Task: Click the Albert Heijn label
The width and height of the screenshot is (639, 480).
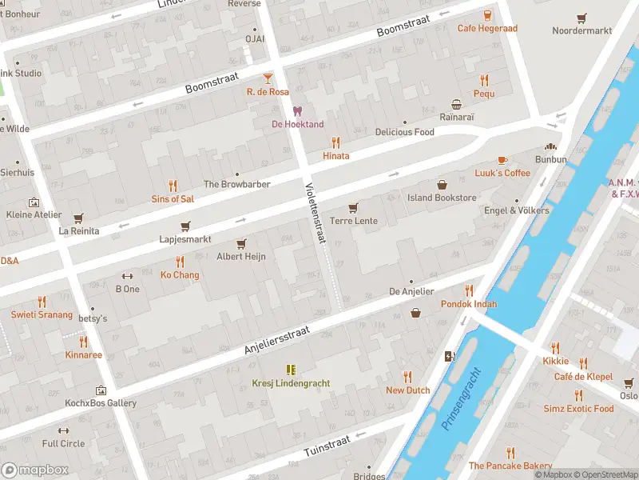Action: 241,257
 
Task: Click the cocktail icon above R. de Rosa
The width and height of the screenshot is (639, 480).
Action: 268,78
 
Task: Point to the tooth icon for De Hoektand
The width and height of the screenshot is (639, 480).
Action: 298,111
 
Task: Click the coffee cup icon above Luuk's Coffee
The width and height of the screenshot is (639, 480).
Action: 502,160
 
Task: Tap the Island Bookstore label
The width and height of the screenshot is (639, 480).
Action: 442,198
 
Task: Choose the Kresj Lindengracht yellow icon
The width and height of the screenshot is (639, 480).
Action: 291,370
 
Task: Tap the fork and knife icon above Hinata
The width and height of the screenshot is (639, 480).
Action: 335,142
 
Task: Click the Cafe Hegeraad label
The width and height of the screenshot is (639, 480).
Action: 487,29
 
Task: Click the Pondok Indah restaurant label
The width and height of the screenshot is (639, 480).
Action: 468,304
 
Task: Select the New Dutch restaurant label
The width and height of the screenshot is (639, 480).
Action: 407,390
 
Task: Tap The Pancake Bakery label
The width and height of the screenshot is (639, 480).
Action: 510,466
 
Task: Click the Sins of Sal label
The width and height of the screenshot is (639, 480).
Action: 173,198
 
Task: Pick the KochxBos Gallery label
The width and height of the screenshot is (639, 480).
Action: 101,403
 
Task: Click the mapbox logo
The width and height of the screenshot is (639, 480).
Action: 35,470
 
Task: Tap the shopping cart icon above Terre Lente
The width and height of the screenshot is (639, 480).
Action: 353,207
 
